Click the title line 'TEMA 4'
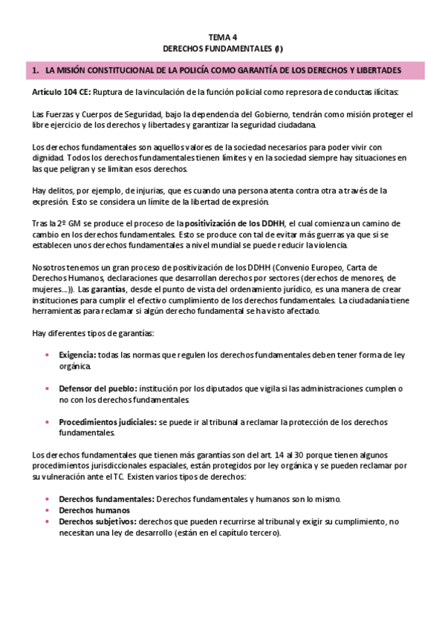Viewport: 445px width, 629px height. click(222, 36)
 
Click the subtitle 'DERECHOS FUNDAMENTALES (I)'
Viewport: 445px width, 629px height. click(222, 48)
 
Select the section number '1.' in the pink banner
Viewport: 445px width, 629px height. click(35, 70)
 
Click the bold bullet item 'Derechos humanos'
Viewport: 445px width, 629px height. click(94, 510)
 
